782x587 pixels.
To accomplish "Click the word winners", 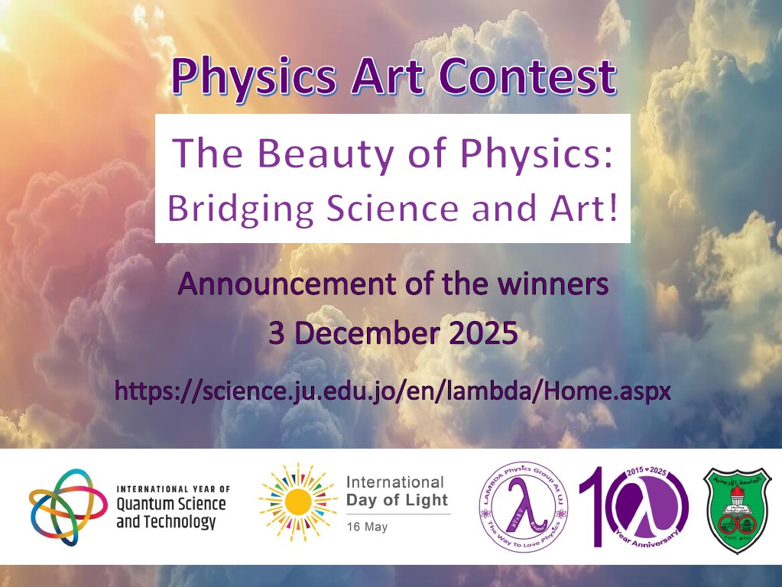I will tap(552, 285).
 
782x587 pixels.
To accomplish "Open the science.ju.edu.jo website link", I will tap(392, 392).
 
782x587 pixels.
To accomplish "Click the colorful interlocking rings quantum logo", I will tap(68, 506).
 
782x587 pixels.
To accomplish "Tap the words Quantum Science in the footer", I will tap(171, 504).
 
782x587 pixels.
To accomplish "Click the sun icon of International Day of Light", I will tap(297, 502).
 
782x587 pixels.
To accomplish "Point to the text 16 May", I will tap(367, 527).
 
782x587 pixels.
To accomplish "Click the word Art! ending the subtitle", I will tap(586, 208).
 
